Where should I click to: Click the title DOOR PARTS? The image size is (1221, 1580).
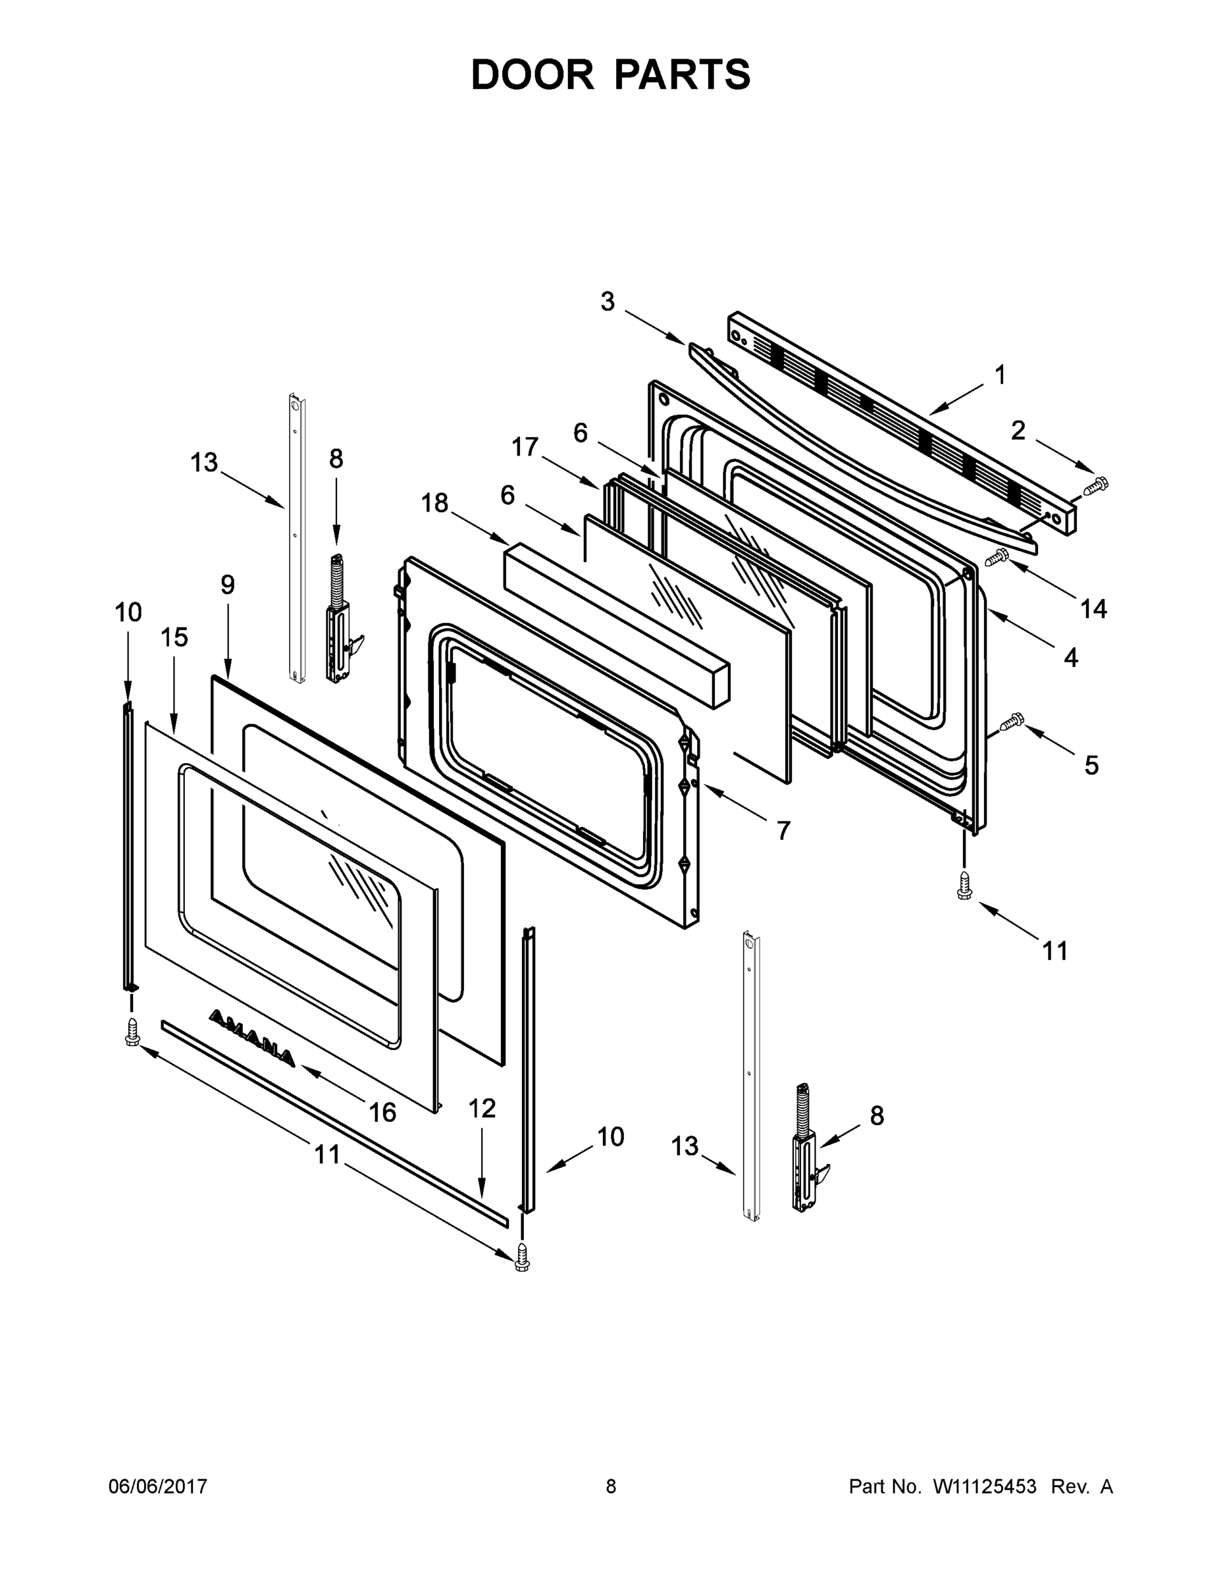click(611, 74)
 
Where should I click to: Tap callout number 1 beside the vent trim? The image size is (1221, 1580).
click(1000, 375)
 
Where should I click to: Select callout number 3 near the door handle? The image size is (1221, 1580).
click(608, 301)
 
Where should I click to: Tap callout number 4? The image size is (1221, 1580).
click(1070, 657)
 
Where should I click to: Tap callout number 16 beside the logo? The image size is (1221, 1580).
click(382, 1112)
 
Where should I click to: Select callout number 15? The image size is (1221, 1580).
click(174, 637)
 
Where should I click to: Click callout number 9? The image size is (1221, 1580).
click(228, 584)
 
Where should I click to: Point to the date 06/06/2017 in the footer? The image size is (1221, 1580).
click(158, 1486)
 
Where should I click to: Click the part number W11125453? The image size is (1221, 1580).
click(985, 1486)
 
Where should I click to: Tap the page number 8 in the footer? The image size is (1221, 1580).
click(611, 1486)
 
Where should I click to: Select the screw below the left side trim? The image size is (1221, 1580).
click(132, 1031)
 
